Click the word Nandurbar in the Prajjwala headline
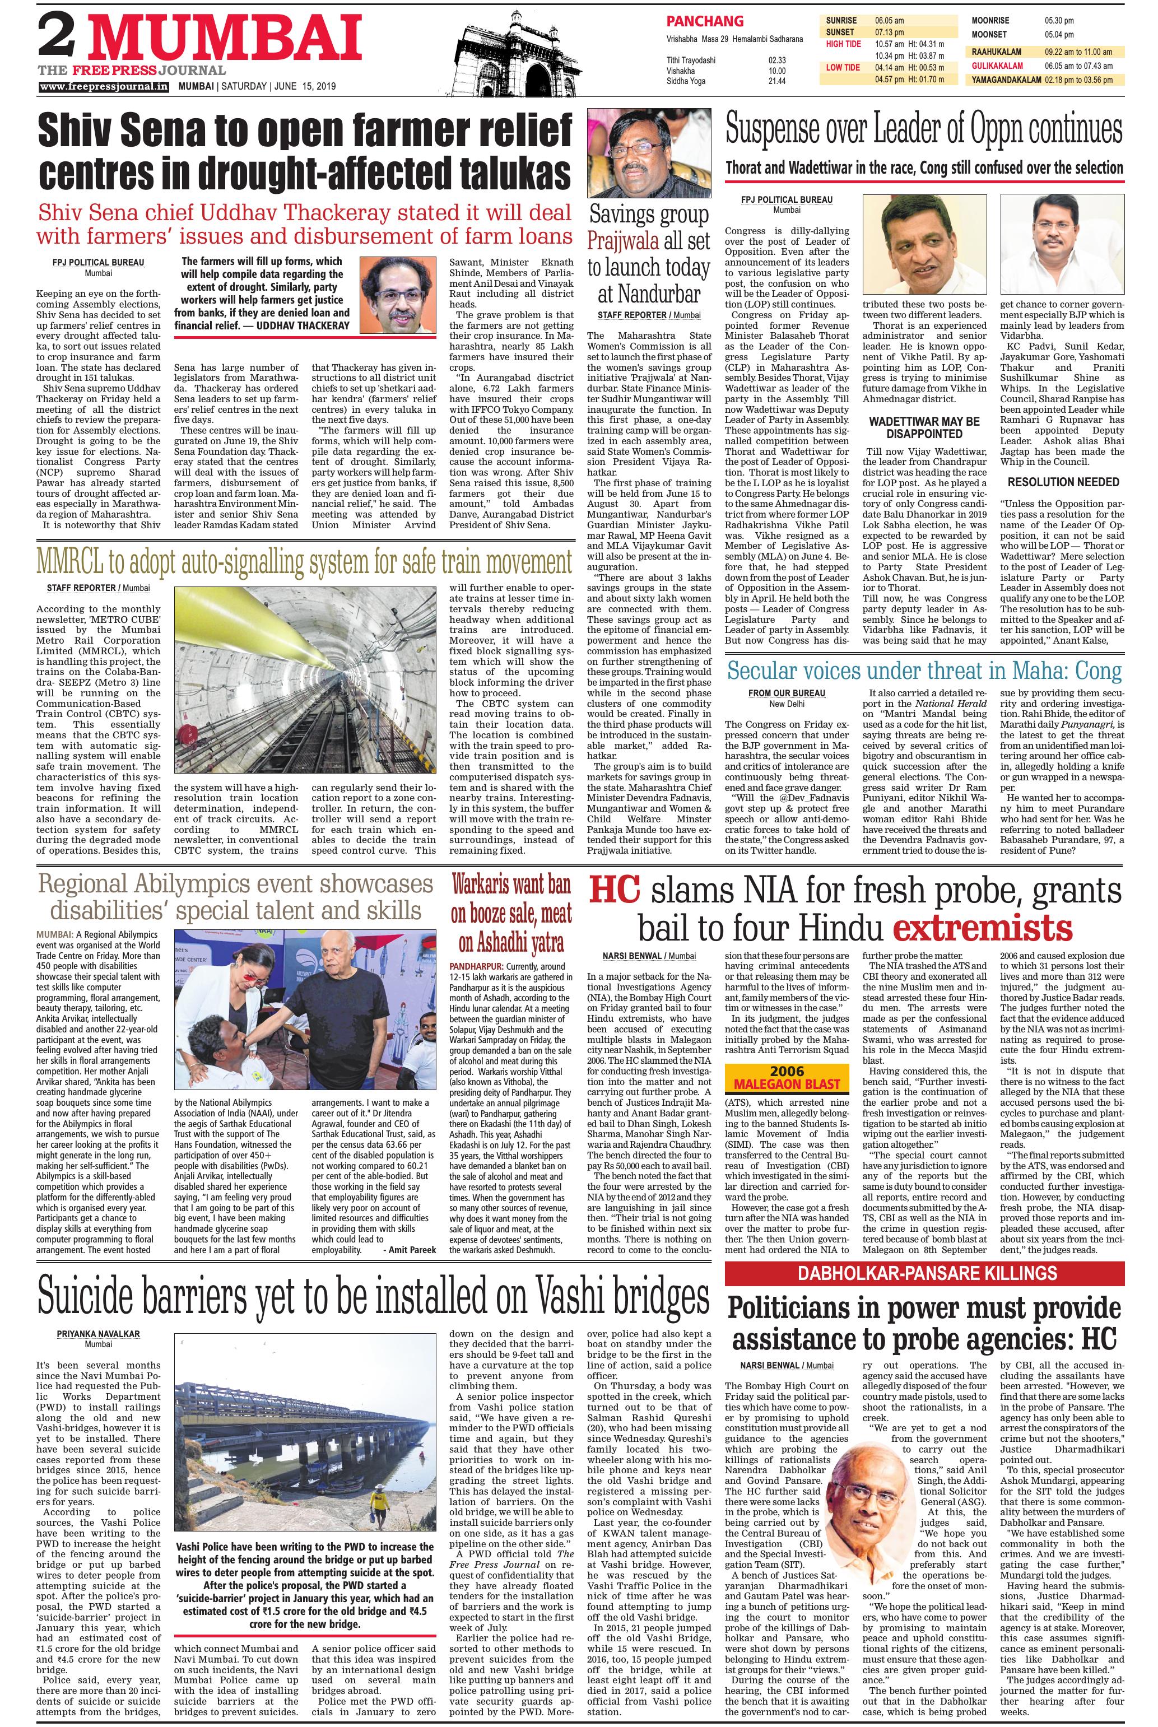point(648,295)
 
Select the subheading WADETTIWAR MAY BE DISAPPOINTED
point(923,427)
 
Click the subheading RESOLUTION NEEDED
point(1063,481)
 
